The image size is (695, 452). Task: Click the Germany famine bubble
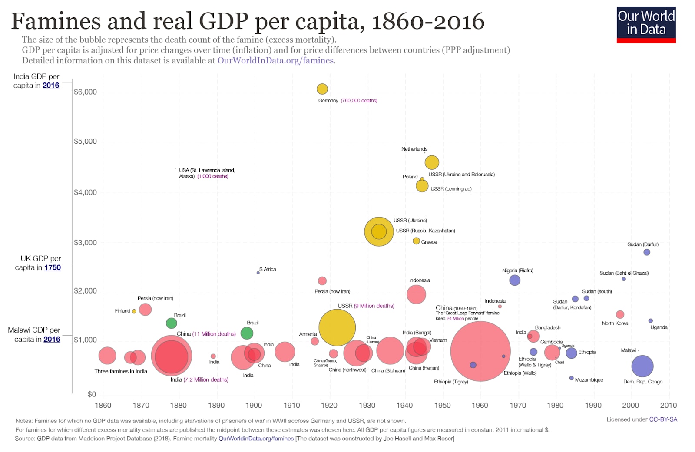[322, 89]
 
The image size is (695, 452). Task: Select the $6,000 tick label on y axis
[85, 92]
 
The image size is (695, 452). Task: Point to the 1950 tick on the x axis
[442, 406]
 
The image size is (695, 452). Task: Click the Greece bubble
[416, 241]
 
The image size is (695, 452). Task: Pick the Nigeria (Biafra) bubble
[514, 280]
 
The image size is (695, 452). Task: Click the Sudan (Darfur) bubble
[646, 252]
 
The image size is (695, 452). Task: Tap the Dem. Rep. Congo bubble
[642, 366]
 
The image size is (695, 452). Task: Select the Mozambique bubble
[571, 378]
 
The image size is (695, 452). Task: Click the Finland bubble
[134, 311]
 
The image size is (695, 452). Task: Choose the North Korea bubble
[620, 314]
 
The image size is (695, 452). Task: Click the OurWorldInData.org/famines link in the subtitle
[275, 61]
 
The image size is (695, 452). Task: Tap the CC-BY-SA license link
[663, 419]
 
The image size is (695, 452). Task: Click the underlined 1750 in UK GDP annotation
[53, 268]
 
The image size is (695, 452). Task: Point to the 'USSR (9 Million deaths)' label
[366, 306]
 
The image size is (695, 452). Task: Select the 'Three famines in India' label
[121, 371]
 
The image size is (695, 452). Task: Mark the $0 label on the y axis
[92, 394]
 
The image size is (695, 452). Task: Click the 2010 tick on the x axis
[668, 406]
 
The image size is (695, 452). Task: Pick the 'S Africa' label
[268, 269]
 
